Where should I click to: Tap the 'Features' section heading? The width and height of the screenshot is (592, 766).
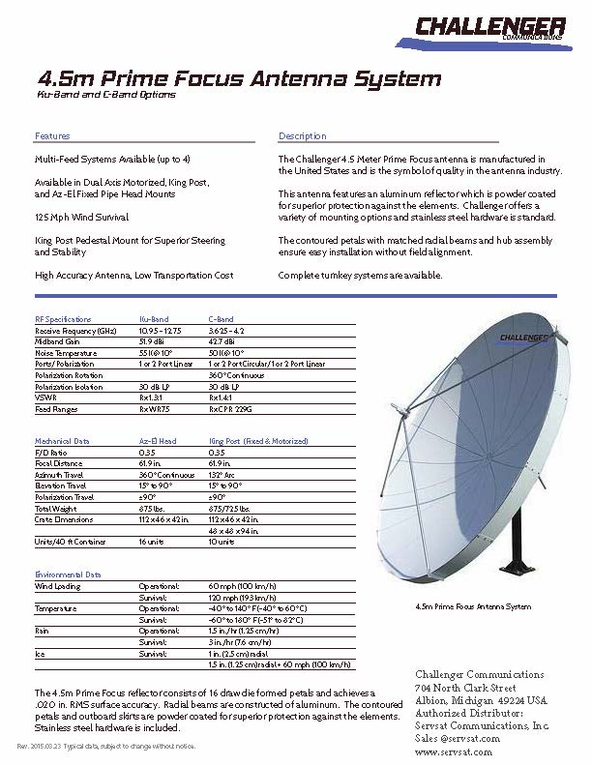coord(52,136)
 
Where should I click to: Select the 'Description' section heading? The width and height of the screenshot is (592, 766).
coord(302,136)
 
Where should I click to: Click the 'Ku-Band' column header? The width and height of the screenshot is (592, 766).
coord(154,319)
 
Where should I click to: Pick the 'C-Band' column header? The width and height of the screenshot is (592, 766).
coord(222,319)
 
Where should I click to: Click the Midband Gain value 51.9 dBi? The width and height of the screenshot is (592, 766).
coord(153,341)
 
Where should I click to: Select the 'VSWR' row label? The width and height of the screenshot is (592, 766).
coord(45,398)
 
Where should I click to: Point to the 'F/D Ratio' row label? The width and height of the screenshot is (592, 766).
coord(51,453)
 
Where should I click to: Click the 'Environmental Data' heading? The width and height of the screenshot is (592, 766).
coord(68,574)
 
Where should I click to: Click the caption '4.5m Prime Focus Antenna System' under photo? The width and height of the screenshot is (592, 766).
coord(472,607)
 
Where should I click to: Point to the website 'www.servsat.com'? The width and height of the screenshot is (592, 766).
coord(453,751)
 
